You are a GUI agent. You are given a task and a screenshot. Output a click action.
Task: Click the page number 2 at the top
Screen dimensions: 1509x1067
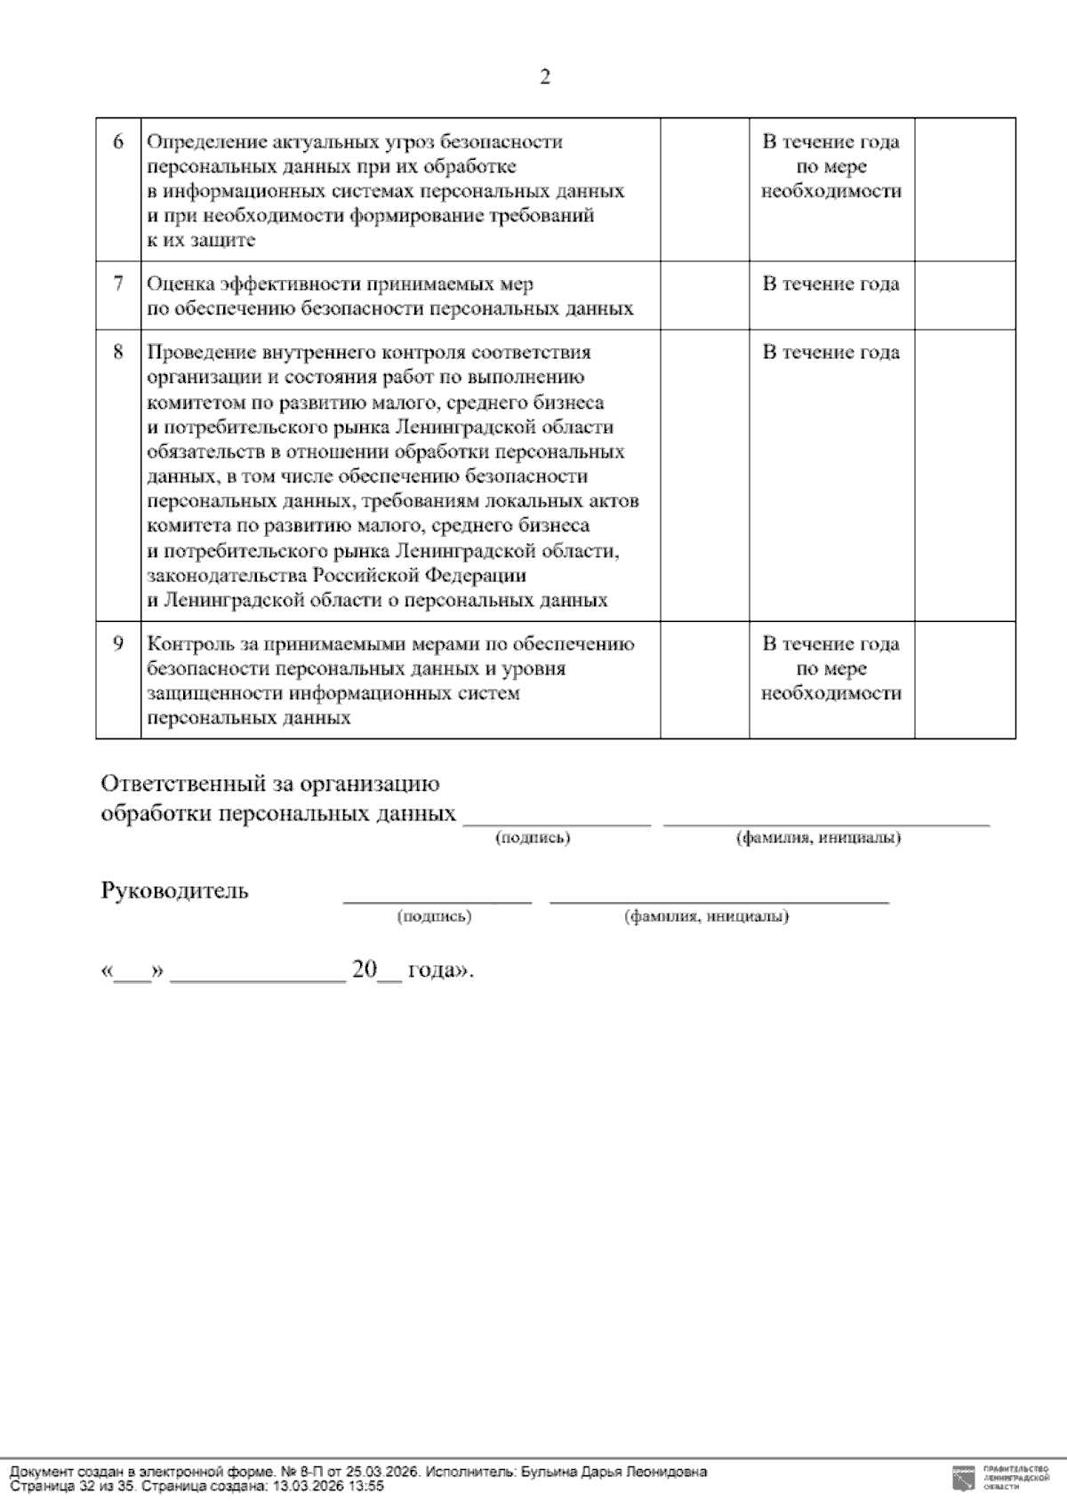(544, 78)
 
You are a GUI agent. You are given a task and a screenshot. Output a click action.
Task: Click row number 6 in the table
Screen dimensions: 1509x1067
(118, 142)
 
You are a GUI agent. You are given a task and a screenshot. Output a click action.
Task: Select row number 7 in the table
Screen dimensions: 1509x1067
(118, 284)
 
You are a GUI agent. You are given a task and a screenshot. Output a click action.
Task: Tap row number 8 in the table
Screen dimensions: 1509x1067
(118, 352)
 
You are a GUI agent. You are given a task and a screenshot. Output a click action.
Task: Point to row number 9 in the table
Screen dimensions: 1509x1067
(118, 643)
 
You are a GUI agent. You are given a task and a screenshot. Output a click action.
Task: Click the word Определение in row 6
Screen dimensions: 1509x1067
(194, 142)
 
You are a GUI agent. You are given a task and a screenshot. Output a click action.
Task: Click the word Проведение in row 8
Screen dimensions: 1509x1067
(190, 353)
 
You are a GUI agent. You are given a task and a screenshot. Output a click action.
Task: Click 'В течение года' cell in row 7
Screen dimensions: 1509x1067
(830, 284)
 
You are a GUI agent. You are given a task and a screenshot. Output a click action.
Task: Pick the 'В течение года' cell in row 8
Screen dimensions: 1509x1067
(830, 353)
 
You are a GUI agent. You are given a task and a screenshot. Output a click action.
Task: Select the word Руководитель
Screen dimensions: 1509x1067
(174, 891)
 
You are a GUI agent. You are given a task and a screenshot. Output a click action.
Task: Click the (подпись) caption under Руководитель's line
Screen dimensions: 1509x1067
(434, 917)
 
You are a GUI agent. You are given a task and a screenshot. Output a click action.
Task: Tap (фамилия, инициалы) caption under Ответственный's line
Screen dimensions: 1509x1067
(817, 838)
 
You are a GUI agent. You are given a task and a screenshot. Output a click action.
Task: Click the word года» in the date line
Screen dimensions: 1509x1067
(440, 970)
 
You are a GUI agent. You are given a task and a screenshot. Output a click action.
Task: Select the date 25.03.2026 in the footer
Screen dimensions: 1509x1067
(382, 1473)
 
